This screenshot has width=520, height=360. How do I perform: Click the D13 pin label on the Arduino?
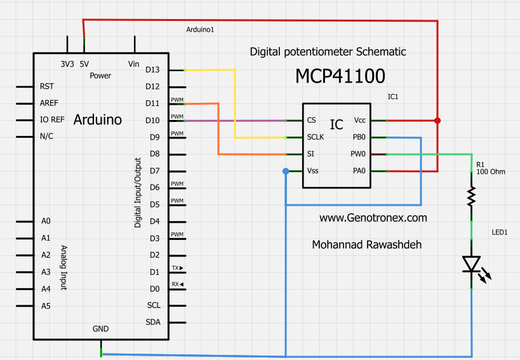click(x=152, y=69)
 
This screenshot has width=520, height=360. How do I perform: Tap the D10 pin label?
click(x=152, y=120)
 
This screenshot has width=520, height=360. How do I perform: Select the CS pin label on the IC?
click(x=311, y=120)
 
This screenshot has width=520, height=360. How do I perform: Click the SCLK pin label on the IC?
click(x=316, y=137)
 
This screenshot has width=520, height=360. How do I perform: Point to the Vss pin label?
click(x=313, y=171)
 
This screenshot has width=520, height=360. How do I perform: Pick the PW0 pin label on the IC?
click(x=358, y=154)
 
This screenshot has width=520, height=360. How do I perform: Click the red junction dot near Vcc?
click(x=437, y=120)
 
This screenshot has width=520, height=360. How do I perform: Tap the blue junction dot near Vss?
click(x=286, y=171)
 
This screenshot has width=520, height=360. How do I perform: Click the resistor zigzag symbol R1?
click(x=471, y=197)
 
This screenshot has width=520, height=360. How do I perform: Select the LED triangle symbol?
click(x=471, y=263)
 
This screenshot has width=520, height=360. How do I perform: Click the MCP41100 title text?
click(x=340, y=76)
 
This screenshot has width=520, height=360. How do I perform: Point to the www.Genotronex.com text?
click(x=373, y=218)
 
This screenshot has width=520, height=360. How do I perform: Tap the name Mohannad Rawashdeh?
click(x=367, y=244)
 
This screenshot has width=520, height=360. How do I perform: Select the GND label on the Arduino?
click(x=100, y=329)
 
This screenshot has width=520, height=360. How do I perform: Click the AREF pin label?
click(x=50, y=103)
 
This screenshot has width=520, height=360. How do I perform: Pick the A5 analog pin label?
click(x=45, y=305)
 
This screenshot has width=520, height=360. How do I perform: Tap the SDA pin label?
click(x=153, y=322)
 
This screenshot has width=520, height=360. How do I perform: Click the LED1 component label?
click(x=500, y=232)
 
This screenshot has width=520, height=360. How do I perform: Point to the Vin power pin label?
click(x=133, y=64)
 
